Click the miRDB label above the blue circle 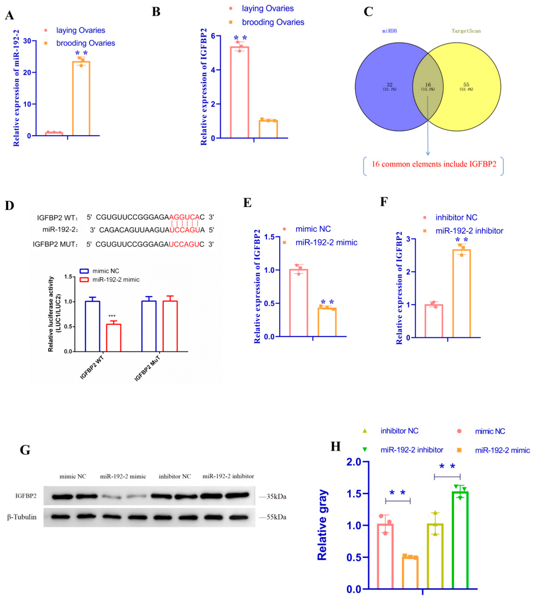click(390, 31)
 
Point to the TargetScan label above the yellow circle click(466, 31)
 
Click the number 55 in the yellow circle click(466, 85)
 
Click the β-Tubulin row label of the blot click(22, 517)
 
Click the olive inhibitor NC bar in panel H click(435, 556)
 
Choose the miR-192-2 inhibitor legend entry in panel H click(412, 450)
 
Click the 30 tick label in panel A click(27, 41)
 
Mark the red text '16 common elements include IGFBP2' click(434, 164)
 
